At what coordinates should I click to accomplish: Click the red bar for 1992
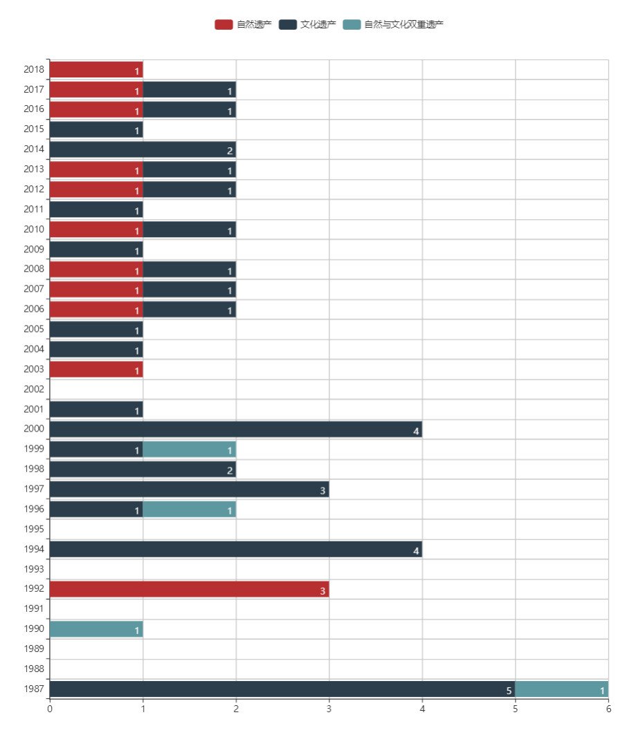pyautogui.click(x=189, y=589)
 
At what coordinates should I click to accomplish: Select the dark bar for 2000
pyautogui.click(x=235, y=429)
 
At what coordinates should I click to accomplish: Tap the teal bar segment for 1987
pyautogui.click(x=561, y=689)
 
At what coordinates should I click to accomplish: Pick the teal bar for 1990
pyautogui.click(x=95, y=629)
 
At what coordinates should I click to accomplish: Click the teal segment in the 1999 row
pyautogui.click(x=189, y=449)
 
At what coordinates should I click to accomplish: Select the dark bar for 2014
pyautogui.click(x=143, y=149)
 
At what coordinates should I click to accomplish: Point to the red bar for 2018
pyautogui.click(x=95, y=70)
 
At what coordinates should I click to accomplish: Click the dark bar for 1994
pyautogui.click(x=235, y=549)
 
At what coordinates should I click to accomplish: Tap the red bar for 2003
pyautogui.click(x=95, y=369)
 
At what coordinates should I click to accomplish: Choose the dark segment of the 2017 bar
pyautogui.click(x=189, y=90)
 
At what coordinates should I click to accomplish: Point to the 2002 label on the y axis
pyautogui.click(x=34, y=389)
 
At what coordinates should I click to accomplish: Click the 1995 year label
pyautogui.click(x=34, y=530)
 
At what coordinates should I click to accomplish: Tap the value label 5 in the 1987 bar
pyautogui.click(x=509, y=690)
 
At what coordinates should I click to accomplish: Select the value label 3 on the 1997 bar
pyautogui.click(x=322, y=491)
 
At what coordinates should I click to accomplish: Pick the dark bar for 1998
pyautogui.click(x=143, y=469)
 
